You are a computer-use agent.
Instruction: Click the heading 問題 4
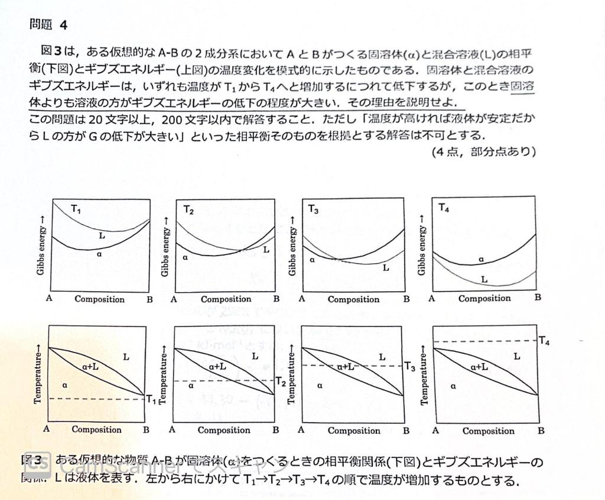50,25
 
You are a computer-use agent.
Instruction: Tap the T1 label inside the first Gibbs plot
76,208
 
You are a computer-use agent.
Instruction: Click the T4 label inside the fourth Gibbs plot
444,208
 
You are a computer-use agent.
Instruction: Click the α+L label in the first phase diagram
90,366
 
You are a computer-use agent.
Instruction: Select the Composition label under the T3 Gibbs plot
353,299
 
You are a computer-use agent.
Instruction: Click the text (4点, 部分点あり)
484,152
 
